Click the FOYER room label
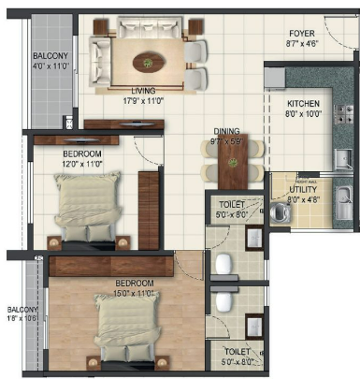(x=301, y=33)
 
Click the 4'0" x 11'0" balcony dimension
(x=51, y=67)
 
